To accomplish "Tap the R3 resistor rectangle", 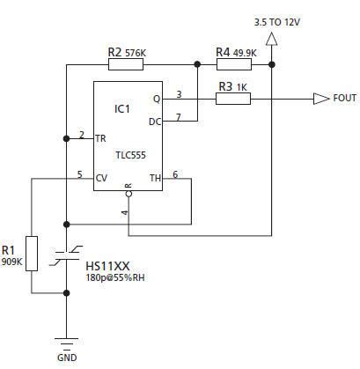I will (x=232, y=99).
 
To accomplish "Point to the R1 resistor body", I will (x=33, y=253).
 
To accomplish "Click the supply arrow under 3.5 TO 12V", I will (x=271, y=38).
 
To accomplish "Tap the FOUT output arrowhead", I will (x=320, y=99).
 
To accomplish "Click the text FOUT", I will (x=344, y=99).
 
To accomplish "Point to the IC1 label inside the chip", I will (x=122, y=108).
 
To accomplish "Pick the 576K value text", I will (x=136, y=53).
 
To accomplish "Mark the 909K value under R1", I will (x=12, y=262).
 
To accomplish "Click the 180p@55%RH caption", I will (x=118, y=278).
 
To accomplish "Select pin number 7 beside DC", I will (x=179, y=116).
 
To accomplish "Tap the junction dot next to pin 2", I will (x=66, y=138).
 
